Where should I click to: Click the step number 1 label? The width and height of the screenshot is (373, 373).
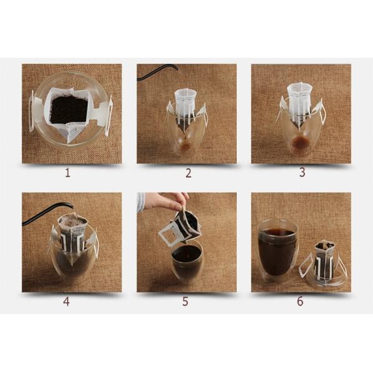point(68,173)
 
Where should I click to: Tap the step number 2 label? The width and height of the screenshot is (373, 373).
point(188,173)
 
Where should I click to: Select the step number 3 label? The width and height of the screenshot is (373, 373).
point(302,172)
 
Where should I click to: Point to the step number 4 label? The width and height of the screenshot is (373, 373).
point(67,302)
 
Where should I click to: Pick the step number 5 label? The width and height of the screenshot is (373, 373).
point(185,302)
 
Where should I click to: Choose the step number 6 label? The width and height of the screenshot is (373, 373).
point(300,301)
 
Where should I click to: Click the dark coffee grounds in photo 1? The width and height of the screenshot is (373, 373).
point(70,109)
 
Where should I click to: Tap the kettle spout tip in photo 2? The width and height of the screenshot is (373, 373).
point(178,69)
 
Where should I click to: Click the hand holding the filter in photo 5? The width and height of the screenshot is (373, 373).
point(167,201)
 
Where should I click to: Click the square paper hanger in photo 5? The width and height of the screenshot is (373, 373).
point(169,234)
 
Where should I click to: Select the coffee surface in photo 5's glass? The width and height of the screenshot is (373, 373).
point(186,253)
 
